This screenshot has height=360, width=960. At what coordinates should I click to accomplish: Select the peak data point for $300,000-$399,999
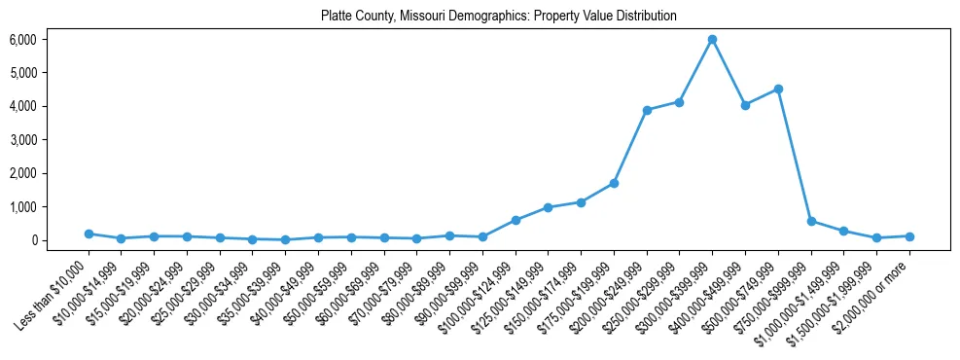coord(712,39)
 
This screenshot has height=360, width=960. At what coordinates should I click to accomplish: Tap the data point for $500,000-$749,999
coord(778,89)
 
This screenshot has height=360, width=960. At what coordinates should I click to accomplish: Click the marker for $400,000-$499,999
coord(745,105)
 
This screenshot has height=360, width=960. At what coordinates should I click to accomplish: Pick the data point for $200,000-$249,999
coord(647,110)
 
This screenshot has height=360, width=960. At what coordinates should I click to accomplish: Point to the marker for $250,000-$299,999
coord(680,102)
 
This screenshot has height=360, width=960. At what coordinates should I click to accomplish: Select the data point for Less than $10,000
coord(89,234)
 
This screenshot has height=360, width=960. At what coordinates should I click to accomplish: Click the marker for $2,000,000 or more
coord(909,236)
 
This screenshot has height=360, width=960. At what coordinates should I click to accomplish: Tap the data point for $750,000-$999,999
coord(811,221)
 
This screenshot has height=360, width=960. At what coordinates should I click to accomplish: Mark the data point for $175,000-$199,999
coord(614,183)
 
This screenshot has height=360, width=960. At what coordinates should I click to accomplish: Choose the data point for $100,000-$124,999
coord(516,220)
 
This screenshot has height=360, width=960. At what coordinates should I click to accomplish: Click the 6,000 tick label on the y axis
coord(50,40)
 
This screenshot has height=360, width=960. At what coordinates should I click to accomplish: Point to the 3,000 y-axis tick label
coord(50,140)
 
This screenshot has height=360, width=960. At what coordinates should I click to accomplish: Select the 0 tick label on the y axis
coord(59,240)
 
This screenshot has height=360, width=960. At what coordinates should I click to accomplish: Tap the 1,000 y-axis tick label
coord(50,207)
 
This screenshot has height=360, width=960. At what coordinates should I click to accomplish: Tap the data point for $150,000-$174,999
coord(581,202)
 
